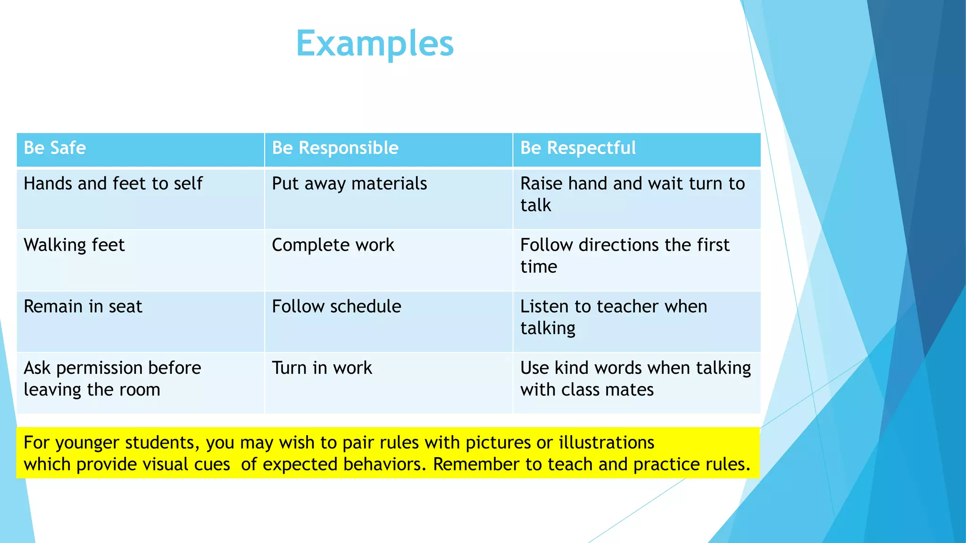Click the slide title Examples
coord(375,43)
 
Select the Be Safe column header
coord(55,148)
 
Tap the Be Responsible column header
coord(335,148)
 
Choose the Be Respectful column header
coord(578,148)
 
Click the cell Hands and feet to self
coord(113,184)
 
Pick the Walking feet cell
coord(74,245)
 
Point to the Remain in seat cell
coord(83,307)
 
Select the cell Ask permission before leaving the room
coord(112,378)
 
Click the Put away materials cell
coord(349,184)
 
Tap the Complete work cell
coord(333,245)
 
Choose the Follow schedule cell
coord(336,307)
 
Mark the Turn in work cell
coord(322,368)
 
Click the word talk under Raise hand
coord(535,206)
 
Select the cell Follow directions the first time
coord(625,255)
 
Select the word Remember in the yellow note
coord(476,464)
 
